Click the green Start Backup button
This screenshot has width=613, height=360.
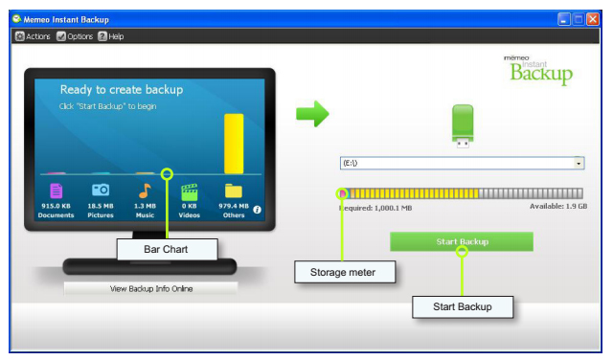(x=462, y=241)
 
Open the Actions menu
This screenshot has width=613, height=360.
(x=33, y=36)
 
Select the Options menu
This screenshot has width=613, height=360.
(x=75, y=36)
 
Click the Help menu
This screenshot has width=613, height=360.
(x=111, y=36)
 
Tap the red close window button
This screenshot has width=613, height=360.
(x=593, y=19)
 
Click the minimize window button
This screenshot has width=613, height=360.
(x=564, y=19)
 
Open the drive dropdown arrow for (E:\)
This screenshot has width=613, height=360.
(x=579, y=163)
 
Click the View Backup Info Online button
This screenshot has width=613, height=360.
(x=151, y=288)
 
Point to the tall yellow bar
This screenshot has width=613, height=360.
(x=234, y=144)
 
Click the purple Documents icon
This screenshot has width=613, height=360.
(x=56, y=191)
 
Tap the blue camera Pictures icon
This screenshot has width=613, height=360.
(x=101, y=190)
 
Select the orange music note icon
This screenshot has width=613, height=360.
(x=145, y=191)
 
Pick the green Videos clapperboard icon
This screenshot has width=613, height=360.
(x=190, y=191)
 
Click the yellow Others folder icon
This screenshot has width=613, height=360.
(x=234, y=191)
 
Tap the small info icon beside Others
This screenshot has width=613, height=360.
(x=257, y=210)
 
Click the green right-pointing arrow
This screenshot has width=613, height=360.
(x=312, y=114)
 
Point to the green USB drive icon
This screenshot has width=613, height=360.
(x=463, y=125)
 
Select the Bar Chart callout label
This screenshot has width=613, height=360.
(x=167, y=249)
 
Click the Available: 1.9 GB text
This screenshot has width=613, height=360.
(x=558, y=206)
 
